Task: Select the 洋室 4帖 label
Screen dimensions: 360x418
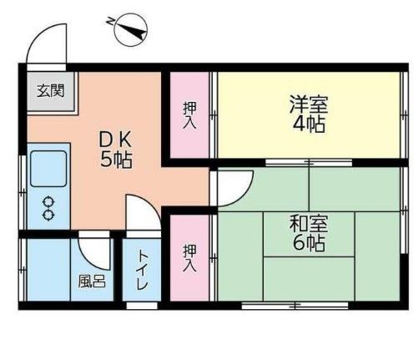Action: point(308,115)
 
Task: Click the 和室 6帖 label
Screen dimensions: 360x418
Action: point(308,234)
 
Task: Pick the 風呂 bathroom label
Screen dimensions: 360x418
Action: point(92,281)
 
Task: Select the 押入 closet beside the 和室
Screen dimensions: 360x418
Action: point(190,256)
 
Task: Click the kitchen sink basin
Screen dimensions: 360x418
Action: point(48,169)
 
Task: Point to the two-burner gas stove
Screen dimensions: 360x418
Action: point(48,208)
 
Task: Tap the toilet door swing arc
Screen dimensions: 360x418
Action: point(141,213)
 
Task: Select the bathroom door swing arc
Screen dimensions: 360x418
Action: point(94,251)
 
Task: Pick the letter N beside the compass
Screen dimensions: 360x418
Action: point(112,18)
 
